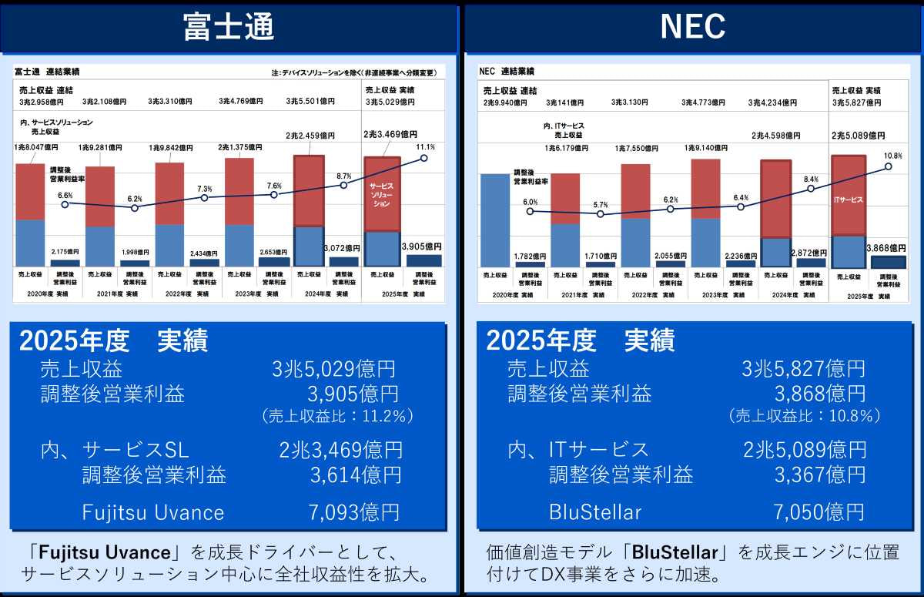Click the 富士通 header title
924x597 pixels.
(229, 27)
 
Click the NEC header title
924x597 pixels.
(692, 27)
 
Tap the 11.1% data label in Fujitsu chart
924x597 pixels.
(426, 147)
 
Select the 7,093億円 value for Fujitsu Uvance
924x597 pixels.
(355, 511)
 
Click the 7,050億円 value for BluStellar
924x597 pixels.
(819, 511)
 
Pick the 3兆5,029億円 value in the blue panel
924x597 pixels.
(334, 369)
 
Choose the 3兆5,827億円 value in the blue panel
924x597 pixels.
(803, 369)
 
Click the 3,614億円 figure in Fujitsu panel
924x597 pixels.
(355, 475)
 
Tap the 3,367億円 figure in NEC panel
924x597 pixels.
(820, 475)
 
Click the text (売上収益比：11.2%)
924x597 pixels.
(338, 416)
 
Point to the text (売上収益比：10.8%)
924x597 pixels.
(804, 416)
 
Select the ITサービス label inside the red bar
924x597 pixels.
(848, 200)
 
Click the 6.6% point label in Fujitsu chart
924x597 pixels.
(65, 195)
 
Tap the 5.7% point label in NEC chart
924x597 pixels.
(601, 205)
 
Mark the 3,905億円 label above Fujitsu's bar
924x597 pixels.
(423, 247)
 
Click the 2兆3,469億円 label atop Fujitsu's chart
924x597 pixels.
(390, 134)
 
